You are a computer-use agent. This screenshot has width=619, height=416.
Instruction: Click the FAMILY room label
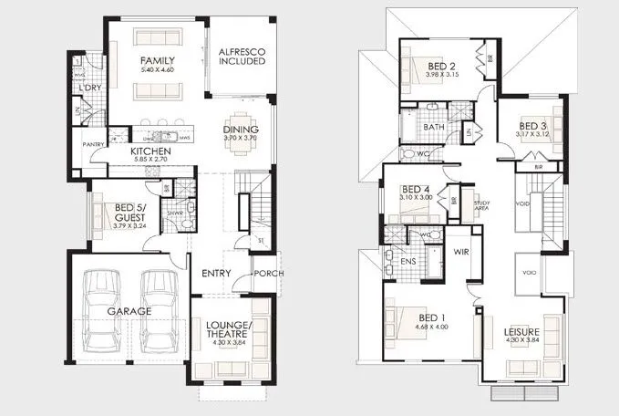click(157, 60)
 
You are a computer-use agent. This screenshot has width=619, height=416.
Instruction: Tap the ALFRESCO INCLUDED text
click(242, 56)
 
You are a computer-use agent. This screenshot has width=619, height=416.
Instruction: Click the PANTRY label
click(92, 144)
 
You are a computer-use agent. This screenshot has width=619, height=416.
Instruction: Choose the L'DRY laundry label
click(88, 88)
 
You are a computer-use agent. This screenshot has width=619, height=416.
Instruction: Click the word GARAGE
click(129, 311)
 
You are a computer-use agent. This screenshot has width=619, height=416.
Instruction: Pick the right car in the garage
click(160, 311)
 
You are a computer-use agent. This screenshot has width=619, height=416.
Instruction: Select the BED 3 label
click(532, 126)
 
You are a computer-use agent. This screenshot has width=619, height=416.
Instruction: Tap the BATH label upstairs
click(433, 127)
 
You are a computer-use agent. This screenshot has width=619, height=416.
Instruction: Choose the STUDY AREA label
click(481, 205)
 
